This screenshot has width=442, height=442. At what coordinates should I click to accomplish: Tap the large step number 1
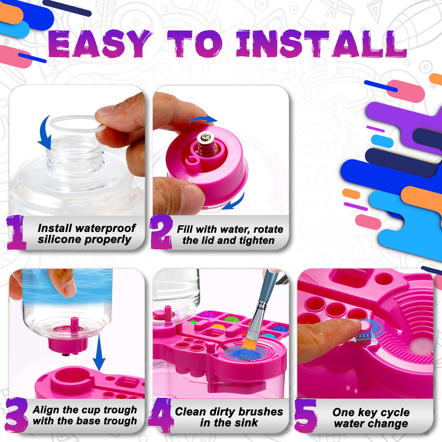click(x=17, y=233)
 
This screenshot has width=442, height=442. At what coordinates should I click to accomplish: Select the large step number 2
click(x=161, y=233)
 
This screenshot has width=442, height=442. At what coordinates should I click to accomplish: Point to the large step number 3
click(x=17, y=415)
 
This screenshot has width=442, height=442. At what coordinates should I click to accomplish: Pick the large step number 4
click(x=160, y=415)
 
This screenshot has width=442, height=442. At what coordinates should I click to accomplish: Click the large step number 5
click(x=306, y=415)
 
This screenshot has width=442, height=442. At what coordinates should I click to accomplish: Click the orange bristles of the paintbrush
click(x=249, y=344)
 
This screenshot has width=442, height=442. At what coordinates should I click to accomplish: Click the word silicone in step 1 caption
click(x=61, y=240)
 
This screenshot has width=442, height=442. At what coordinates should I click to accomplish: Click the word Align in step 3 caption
click(x=47, y=410)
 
